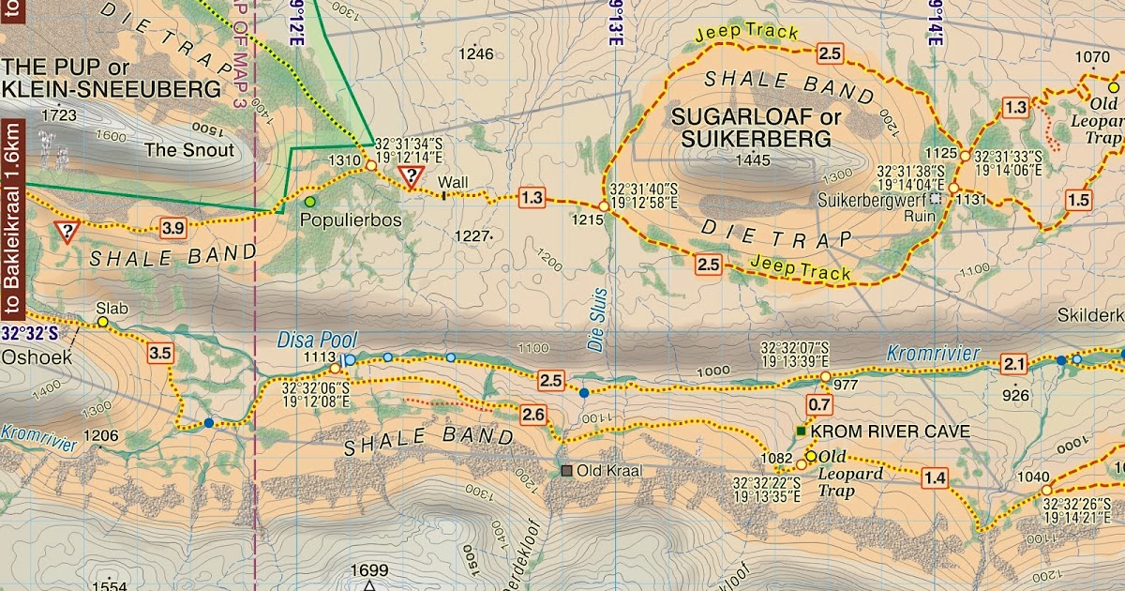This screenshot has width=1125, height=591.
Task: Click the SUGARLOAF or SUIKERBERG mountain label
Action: pos(751,129)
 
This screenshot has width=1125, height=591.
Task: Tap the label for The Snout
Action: pos(188,149)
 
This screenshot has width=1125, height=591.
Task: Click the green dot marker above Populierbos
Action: pos(310,201)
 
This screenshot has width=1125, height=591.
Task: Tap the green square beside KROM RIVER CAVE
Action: pos(800,432)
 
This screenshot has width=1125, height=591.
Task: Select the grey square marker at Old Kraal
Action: pos(566,470)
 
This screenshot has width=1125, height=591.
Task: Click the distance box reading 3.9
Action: pos(172,227)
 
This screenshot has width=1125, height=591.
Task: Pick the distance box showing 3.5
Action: pos(160,354)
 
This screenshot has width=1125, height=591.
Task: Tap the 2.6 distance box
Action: pos(533,414)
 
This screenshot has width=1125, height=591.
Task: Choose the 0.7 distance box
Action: pos(819,405)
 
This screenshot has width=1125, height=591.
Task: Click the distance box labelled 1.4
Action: pos(934,479)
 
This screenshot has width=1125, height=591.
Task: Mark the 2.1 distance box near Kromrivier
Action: pos(1014,364)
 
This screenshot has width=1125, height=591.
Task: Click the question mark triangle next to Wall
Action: pos(410,176)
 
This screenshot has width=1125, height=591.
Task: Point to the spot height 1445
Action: pos(752,160)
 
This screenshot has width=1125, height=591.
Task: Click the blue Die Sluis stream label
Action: pos(597,320)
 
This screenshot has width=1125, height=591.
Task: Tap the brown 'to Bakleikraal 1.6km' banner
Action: pos(11,221)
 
